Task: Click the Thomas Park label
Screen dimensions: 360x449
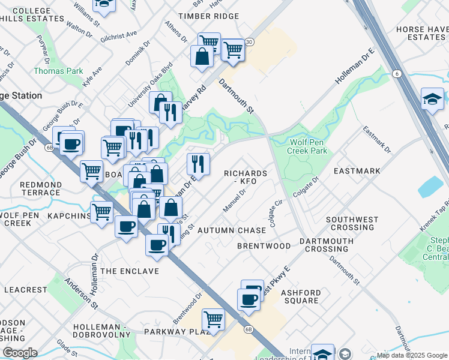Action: coord(58,71)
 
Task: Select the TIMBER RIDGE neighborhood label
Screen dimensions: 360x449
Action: coord(205,16)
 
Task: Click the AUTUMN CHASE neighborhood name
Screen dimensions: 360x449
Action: coord(231,230)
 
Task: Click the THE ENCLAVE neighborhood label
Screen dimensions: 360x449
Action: coord(130,271)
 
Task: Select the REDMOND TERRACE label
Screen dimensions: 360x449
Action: coord(40,188)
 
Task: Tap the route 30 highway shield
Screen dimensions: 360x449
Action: coord(249,42)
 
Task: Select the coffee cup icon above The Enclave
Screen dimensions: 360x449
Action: coord(157,245)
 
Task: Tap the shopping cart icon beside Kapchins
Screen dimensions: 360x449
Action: coord(101,211)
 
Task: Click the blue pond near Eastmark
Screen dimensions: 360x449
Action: coord(431,187)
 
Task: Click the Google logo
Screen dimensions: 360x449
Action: coord(20,353)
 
